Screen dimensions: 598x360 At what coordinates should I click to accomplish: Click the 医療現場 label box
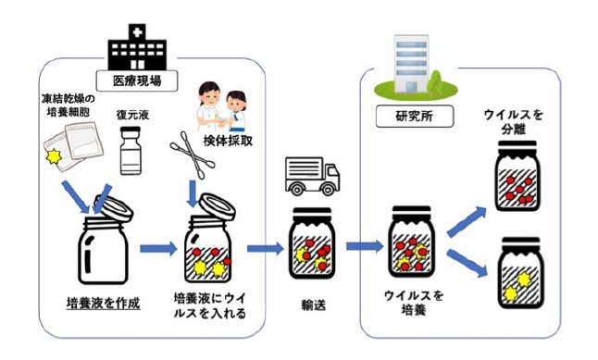137,81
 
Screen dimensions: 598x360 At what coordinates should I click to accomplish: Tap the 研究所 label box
415,116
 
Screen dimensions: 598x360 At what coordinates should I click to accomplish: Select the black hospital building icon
137,47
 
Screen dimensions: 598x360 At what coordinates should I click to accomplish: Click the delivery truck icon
313,177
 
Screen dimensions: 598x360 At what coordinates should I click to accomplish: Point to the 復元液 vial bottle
131,151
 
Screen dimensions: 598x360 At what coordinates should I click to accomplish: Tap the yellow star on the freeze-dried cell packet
54,156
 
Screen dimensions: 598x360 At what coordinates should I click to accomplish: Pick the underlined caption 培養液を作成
103,304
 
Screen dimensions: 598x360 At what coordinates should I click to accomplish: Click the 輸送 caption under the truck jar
314,305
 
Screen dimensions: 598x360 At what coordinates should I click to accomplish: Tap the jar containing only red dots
517,176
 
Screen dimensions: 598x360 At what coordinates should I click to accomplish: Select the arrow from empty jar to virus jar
158,249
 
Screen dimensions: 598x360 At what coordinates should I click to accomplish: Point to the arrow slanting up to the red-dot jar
467,222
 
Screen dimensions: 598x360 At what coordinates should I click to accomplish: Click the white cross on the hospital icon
137,32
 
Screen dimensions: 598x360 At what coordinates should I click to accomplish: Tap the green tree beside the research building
436,82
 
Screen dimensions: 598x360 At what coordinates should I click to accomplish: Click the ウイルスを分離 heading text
513,121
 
